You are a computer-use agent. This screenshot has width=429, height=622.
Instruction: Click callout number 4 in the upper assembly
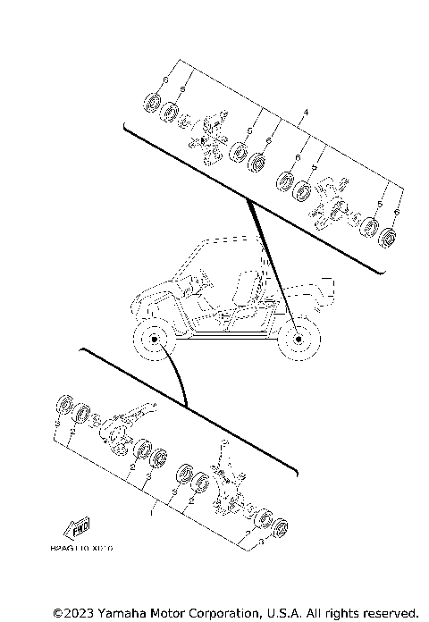pos(306,112)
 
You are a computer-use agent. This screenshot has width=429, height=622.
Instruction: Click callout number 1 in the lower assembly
pos(151,514)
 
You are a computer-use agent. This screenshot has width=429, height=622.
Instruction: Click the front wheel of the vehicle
pos(152,341)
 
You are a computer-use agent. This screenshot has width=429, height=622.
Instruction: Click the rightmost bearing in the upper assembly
pos(388,240)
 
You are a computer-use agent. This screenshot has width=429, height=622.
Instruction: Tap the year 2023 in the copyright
pos(75,612)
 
